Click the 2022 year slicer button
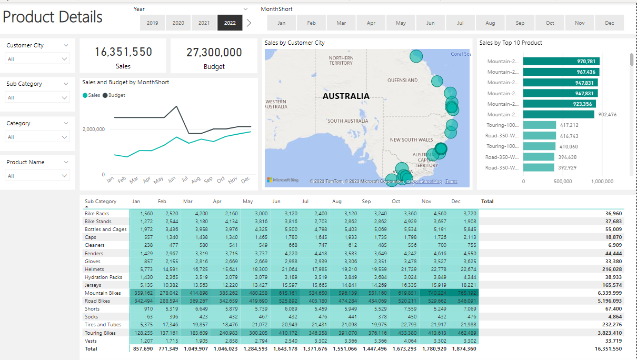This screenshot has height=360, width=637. (230, 23)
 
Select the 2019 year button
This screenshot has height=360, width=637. (152, 23)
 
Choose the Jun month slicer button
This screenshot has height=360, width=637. (431, 23)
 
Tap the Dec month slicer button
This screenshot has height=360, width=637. (609, 23)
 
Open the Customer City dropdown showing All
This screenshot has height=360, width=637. (37, 59)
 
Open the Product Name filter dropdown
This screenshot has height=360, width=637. (37, 176)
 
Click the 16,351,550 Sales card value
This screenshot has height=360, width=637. (123, 52)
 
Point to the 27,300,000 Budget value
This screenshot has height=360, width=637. (214, 52)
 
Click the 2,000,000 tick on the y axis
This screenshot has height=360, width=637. (94, 129)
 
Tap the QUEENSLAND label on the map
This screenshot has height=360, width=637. (402, 81)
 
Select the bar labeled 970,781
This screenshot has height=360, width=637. (561, 61)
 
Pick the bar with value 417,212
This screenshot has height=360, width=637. (540, 125)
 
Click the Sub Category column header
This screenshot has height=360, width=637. (101, 202)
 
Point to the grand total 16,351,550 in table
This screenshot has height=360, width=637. (605, 349)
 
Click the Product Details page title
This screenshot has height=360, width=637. (53, 17)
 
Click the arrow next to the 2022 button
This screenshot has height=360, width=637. (249, 23)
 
